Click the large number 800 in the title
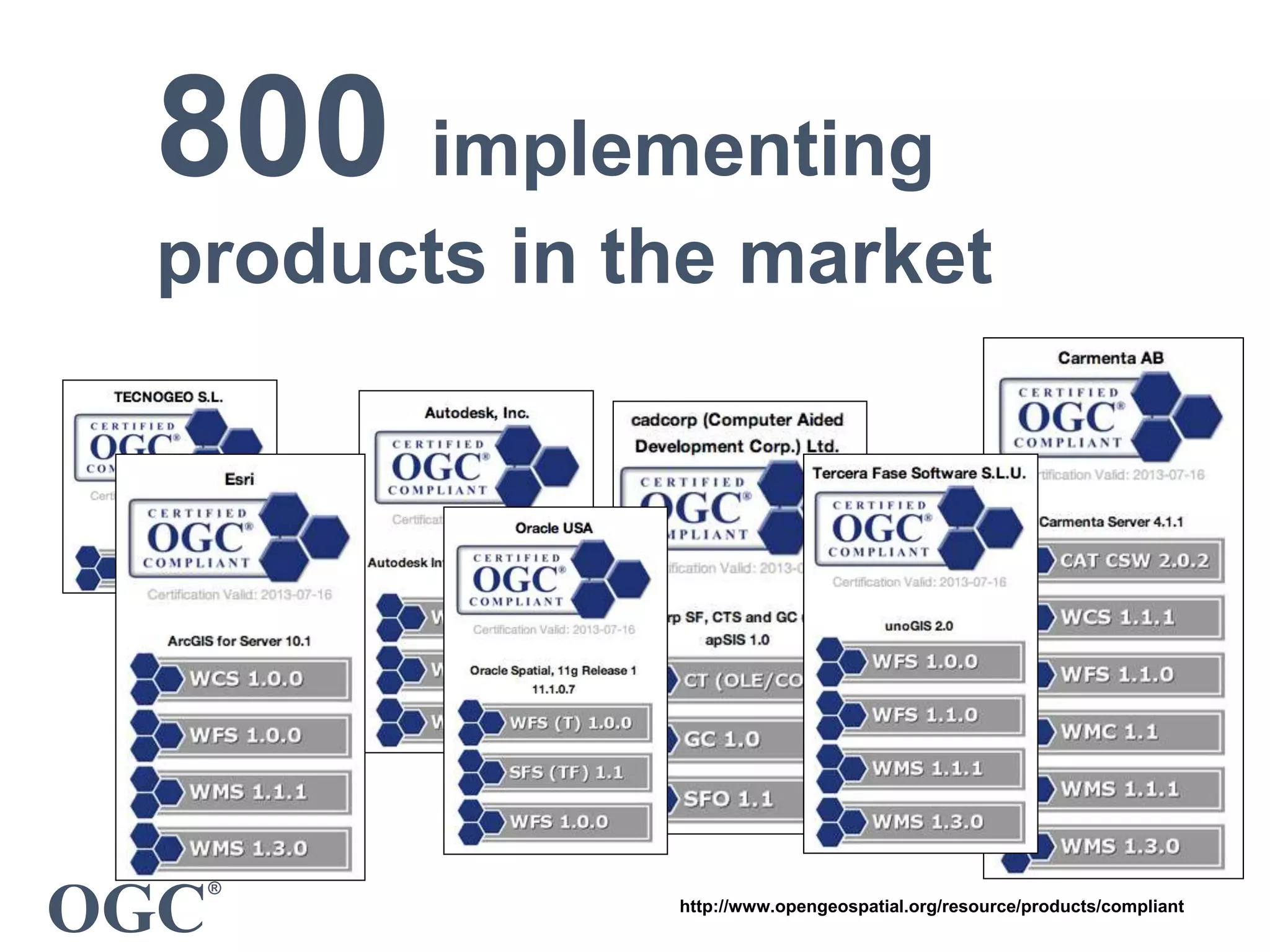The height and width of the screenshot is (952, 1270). point(273,127)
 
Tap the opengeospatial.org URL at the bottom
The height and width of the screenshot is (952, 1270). point(931,906)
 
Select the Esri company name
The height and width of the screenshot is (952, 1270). point(239,479)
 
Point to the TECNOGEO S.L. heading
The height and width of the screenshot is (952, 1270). point(168,397)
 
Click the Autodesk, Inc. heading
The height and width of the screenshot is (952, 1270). point(476,413)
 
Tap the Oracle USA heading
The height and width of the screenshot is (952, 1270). point(554,528)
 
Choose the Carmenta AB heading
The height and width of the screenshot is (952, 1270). point(1110,358)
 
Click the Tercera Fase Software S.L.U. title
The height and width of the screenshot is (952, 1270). point(919,474)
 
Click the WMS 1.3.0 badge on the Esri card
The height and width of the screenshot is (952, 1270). point(248,848)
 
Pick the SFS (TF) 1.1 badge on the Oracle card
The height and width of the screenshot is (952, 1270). point(566,772)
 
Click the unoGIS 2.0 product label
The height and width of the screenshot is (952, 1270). point(918,626)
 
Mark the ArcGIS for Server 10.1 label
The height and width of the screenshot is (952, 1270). point(239,641)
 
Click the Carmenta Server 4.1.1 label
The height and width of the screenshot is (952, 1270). point(1111,522)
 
